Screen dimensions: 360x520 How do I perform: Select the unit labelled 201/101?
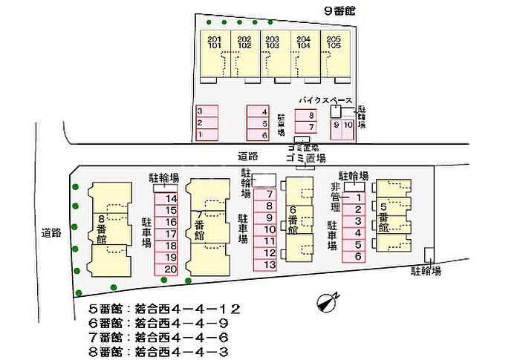(x=215, y=42)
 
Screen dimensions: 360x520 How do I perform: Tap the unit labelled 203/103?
(x=273, y=42)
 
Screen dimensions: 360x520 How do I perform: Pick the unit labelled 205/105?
(x=334, y=42)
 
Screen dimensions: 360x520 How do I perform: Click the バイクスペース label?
(x=326, y=99)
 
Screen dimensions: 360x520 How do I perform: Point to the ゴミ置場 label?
(x=305, y=158)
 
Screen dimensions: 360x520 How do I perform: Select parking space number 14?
(x=171, y=198)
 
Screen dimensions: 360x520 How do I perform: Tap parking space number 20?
(x=171, y=269)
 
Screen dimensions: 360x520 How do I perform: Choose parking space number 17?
(x=171, y=234)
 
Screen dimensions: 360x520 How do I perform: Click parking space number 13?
(x=270, y=264)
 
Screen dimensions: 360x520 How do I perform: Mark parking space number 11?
(x=270, y=240)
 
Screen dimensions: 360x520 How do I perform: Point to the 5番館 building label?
(x=383, y=217)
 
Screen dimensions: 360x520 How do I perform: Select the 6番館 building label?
(x=293, y=220)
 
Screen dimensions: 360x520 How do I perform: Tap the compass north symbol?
(x=327, y=301)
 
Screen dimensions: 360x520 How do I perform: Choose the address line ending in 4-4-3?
(x=164, y=351)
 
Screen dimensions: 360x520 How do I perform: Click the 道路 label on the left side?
(x=51, y=232)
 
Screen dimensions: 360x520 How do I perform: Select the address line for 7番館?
(x=164, y=338)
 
